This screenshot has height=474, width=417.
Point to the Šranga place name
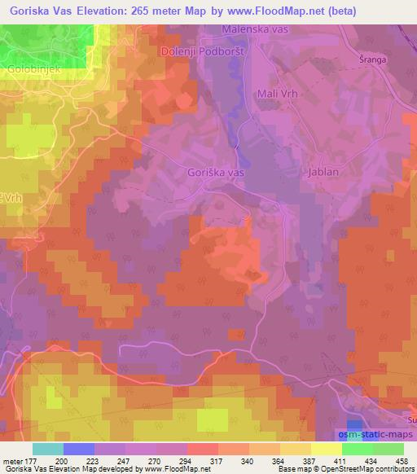click(x=371, y=59)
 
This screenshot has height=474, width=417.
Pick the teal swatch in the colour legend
click(x=47, y=449)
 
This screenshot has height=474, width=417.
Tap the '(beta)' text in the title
click(x=339, y=11)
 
